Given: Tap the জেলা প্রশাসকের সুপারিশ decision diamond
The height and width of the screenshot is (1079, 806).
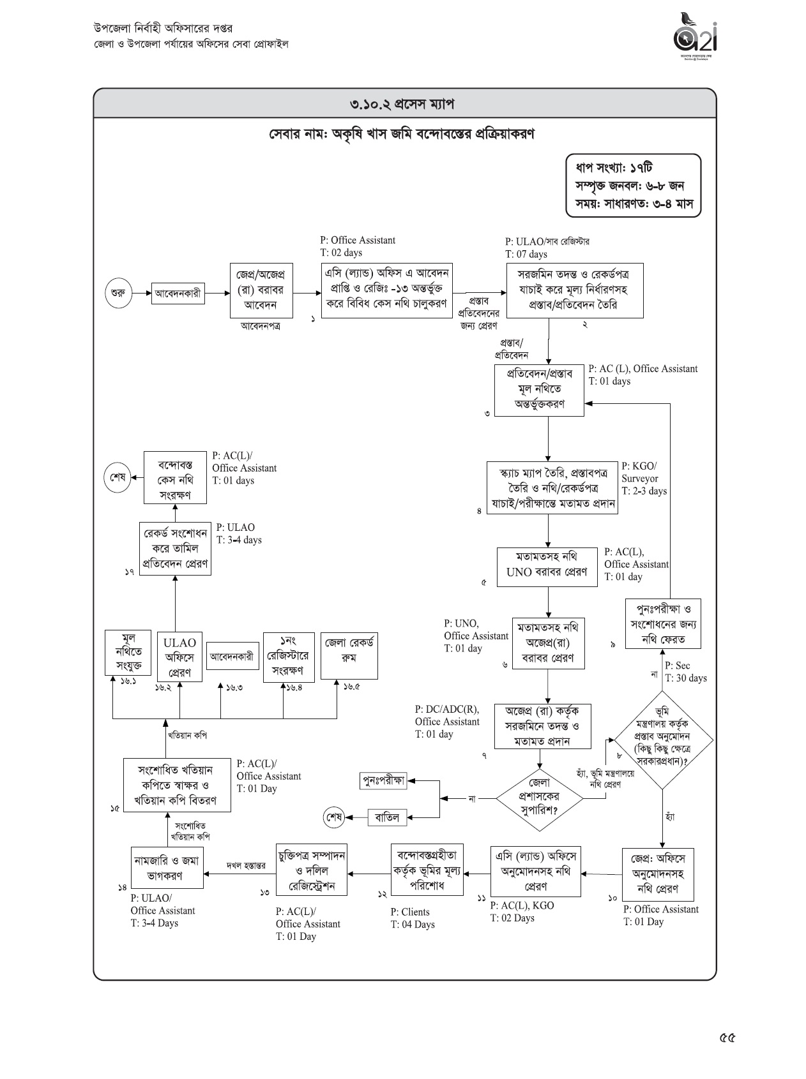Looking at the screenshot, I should point(540,798).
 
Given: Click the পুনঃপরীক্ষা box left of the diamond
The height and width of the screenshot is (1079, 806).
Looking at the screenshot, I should point(384,780).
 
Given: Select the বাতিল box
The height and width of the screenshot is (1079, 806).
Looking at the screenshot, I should point(388,817).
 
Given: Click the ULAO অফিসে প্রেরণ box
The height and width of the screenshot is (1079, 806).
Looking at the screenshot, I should point(179,657).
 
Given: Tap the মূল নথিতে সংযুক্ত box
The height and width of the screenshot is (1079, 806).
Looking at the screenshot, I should point(129,653).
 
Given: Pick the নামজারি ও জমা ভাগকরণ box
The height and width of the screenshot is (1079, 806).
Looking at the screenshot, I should point(167,868).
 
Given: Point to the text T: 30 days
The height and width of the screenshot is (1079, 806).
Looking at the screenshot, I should point(686,678).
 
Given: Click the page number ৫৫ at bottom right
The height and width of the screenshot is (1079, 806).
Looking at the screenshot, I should point(727,1038).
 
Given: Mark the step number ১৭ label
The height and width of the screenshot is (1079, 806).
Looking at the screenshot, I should point(129,572).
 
